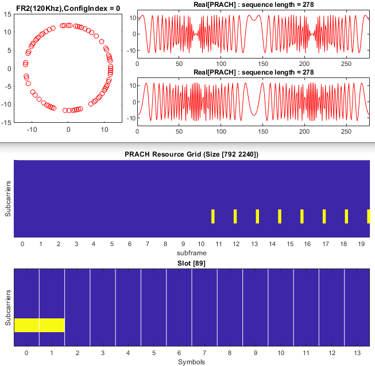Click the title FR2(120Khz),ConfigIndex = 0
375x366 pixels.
click(68, 6)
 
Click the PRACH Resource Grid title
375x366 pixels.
click(191, 154)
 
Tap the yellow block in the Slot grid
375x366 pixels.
click(39, 325)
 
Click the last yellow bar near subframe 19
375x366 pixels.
click(368, 216)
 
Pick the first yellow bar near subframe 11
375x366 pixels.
click(212, 216)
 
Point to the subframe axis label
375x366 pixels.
click(191, 252)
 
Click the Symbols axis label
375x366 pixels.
click(191, 362)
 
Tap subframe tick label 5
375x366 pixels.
click(111, 244)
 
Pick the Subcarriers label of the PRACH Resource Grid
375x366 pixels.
click(7, 198)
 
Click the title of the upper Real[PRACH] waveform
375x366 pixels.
click(253, 6)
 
